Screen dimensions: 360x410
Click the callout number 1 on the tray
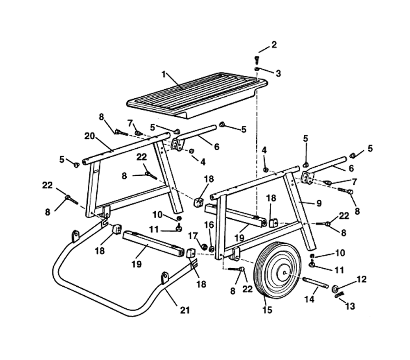click(164, 75)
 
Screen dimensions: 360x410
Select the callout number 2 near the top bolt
click(273, 45)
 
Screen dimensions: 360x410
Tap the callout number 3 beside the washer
click(278, 74)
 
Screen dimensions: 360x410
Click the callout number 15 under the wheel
click(267, 310)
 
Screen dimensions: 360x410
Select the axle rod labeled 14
click(316, 283)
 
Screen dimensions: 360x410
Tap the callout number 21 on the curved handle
click(185, 310)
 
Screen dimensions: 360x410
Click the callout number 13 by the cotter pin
click(350, 306)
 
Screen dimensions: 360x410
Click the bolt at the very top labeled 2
click(256, 59)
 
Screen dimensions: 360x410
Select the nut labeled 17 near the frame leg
click(203, 247)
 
